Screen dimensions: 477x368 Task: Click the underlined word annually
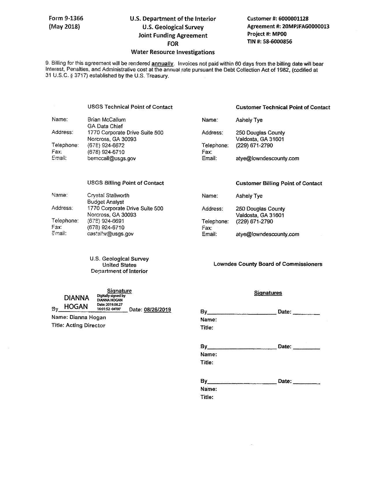click(x=162, y=64)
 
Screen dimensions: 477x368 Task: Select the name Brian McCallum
click(x=107, y=120)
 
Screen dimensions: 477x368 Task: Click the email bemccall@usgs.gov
click(x=111, y=158)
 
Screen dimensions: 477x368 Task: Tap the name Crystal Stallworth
click(x=108, y=196)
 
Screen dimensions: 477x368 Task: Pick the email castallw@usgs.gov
click(x=110, y=234)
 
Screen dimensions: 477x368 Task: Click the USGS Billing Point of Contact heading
click(x=126, y=183)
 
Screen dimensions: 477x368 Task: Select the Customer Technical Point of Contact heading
click(x=283, y=107)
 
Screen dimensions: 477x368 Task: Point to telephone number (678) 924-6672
click(x=106, y=145)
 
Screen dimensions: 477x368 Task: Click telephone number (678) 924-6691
click(x=106, y=221)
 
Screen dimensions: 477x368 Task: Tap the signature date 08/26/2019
click(x=157, y=310)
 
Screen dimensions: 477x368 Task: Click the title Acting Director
click(x=85, y=325)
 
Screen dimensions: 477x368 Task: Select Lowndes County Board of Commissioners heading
click(x=268, y=264)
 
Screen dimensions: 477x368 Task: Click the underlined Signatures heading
click(x=268, y=293)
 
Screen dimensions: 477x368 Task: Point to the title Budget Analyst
click(x=106, y=202)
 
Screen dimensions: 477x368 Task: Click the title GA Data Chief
click(x=105, y=126)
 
